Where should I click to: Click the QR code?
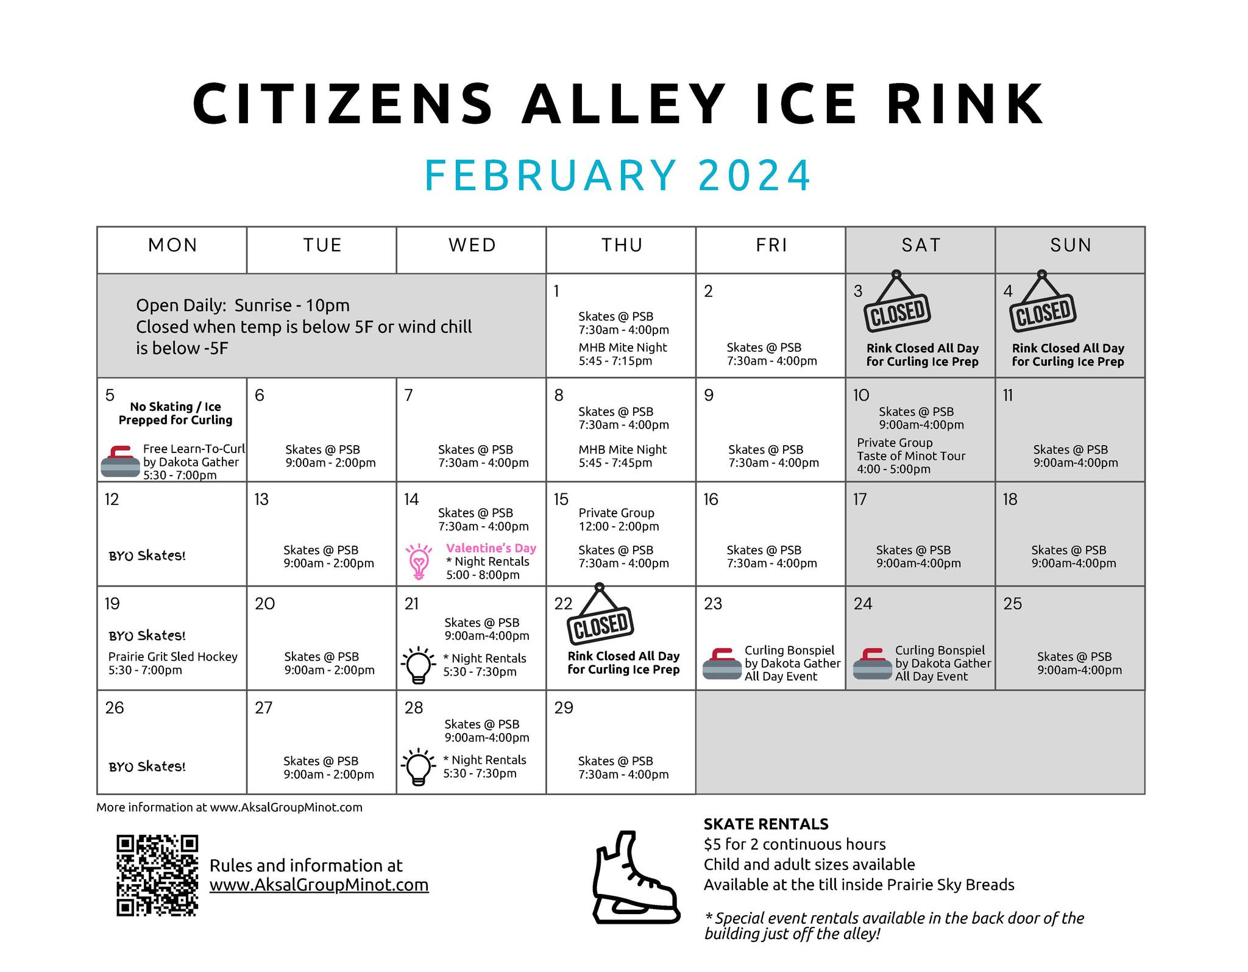pyautogui.click(x=157, y=875)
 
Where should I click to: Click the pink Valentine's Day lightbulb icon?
pyautogui.click(x=419, y=562)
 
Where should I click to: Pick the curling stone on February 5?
pyautogui.click(x=120, y=462)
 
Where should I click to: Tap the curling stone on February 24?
pyautogui.click(x=873, y=663)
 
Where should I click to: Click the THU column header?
pyautogui.click(x=622, y=245)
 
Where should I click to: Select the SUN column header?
pyautogui.click(x=1071, y=245)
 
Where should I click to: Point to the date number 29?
pyautogui.click(x=564, y=707)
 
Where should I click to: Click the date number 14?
pyautogui.click(x=411, y=499)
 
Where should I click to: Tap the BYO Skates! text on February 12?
pyautogui.click(x=147, y=556)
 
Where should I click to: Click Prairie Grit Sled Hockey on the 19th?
pyautogui.click(x=173, y=657)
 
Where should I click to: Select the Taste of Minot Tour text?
pyautogui.click(x=911, y=456)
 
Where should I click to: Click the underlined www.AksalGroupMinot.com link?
pyautogui.click(x=319, y=885)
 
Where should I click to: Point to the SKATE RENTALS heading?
pyautogui.click(x=766, y=824)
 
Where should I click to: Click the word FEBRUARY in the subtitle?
pyautogui.click(x=550, y=176)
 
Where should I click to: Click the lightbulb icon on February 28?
pyautogui.click(x=419, y=768)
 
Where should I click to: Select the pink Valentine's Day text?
pyautogui.click(x=491, y=548)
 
